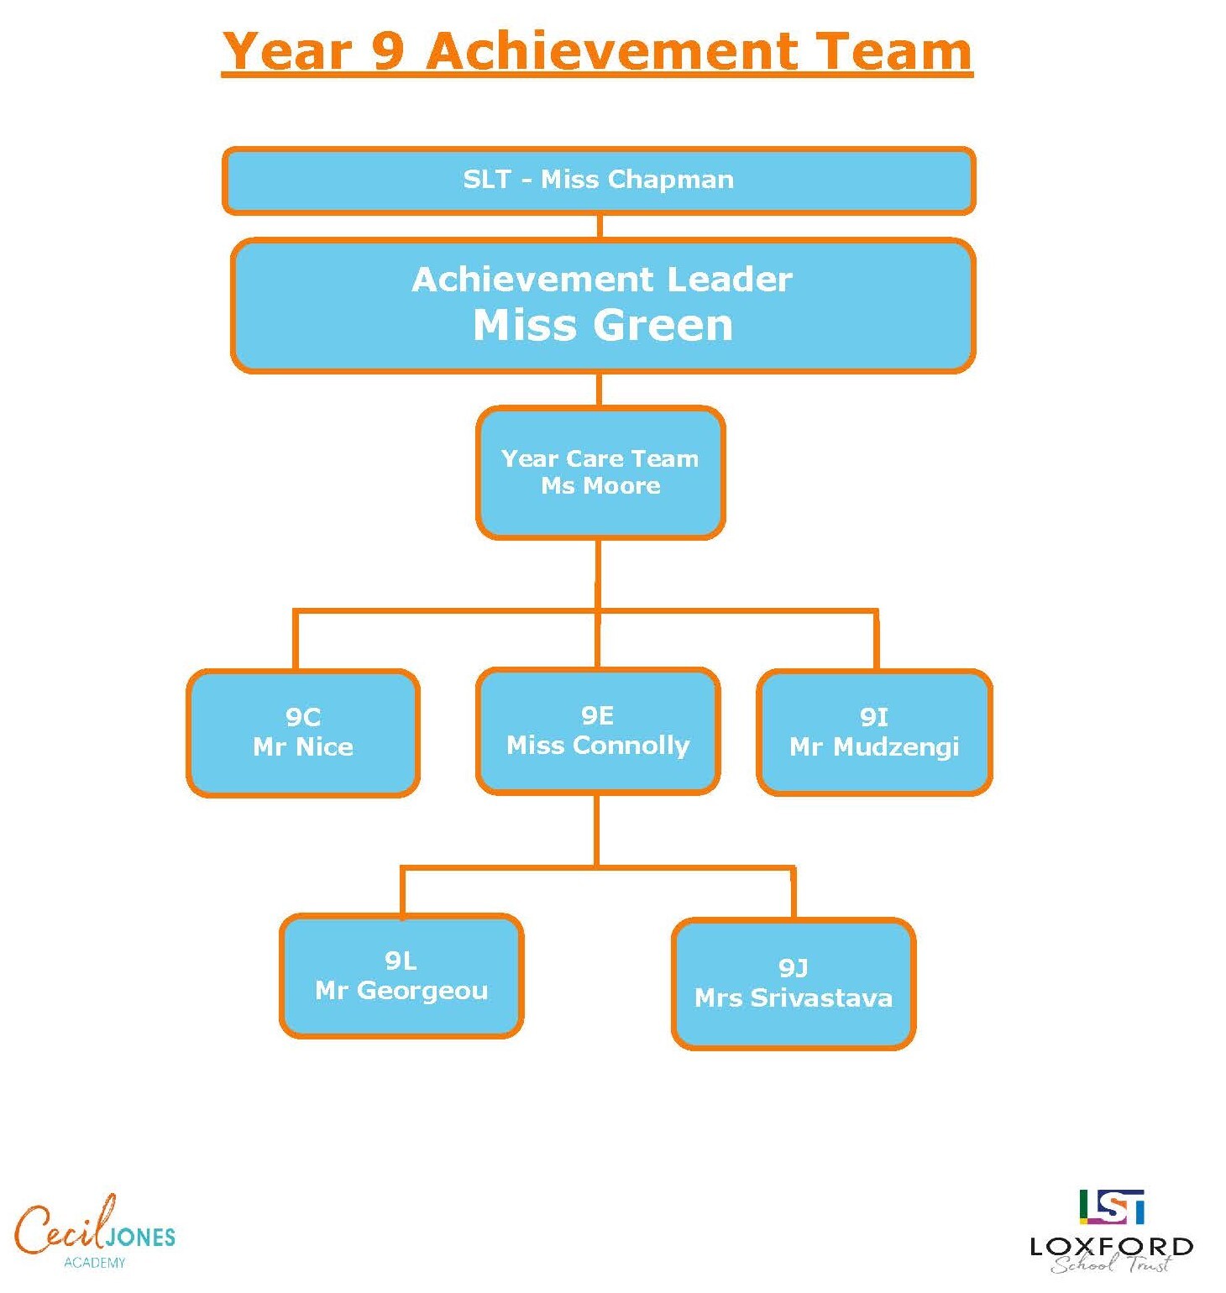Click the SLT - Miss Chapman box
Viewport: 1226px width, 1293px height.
coord(599,181)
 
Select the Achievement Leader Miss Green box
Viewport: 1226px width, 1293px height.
coord(603,306)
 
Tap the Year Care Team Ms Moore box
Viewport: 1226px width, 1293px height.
coord(600,473)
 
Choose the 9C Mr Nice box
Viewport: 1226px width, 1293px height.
coord(303,733)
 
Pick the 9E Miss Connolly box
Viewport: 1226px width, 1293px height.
coord(598,731)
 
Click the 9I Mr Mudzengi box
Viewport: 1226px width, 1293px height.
coord(874,733)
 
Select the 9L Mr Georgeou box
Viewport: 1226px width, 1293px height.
coord(401,976)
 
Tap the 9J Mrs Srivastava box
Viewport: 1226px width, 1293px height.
coord(794,984)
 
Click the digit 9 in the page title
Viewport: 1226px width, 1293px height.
coord(388,51)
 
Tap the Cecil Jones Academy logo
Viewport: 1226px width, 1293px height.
coord(95,1232)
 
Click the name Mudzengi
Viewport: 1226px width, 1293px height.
coord(896,747)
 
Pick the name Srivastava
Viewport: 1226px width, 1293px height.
coord(821,997)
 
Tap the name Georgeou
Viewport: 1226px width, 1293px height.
coord(422,991)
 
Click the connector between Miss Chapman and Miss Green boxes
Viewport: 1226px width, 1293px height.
coord(600,227)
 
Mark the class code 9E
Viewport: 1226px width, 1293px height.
coord(597,715)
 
